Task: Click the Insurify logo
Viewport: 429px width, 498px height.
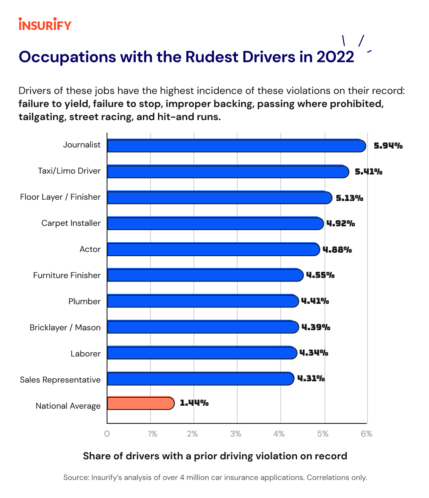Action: [45, 24]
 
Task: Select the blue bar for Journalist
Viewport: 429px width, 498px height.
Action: [236, 145]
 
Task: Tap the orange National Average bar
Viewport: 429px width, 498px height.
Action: [140, 403]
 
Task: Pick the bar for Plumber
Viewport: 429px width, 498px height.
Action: [203, 301]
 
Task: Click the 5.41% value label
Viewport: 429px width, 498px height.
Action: [368, 172]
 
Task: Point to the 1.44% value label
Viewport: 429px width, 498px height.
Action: [194, 403]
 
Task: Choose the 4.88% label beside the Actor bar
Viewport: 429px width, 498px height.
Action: [337, 250]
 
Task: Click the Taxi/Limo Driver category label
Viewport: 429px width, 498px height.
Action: [70, 171]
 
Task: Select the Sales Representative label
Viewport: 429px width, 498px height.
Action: [60, 380]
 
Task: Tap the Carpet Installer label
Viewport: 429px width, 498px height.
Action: [71, 223]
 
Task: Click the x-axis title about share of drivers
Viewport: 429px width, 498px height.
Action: [215, 456]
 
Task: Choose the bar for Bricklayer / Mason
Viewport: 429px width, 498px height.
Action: [203, 327]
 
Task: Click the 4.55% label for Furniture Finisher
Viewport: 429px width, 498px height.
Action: [320, 276]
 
